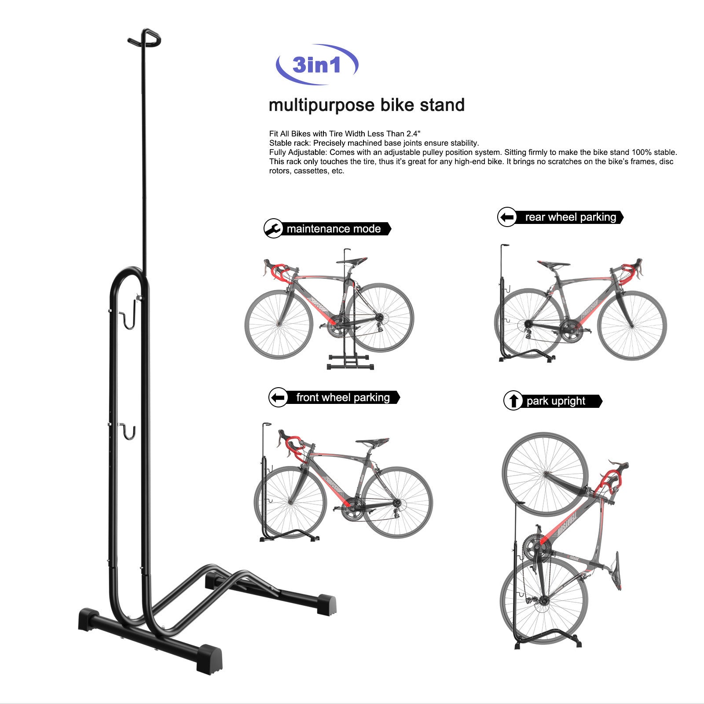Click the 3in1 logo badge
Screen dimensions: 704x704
pos(317,65)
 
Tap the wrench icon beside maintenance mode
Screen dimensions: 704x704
pos(273,229)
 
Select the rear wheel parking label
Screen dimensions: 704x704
pos(570,217)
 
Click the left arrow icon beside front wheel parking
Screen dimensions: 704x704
pos(278,398)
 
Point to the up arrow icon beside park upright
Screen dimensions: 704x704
pos(513,401)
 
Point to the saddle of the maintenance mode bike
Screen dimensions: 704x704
pos(352,261)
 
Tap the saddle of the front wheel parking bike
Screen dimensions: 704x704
pos(372,441)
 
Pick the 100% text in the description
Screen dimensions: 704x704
pos(641,152)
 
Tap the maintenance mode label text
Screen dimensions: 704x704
pos(334,229)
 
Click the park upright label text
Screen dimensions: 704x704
pos(556,401)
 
